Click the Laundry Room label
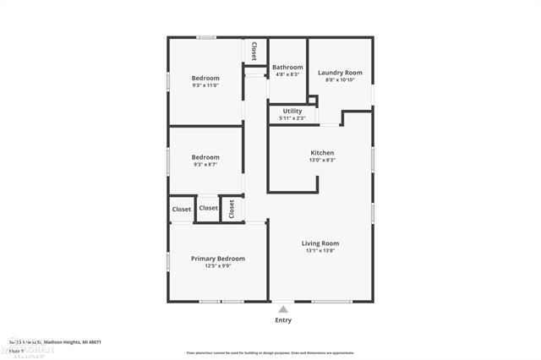pos(340,73)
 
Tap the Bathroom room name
pos(287,67)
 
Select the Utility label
pos(292,111)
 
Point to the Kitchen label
pos(322,153)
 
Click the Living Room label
pos(320,243)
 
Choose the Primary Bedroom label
pos(218,259)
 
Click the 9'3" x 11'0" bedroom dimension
pos(205,85)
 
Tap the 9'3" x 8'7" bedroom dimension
pos(205,165)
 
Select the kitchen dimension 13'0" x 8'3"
pos(322,161)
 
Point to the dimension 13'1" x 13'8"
pos(320,251)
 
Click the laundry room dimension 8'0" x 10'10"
pos(340,80)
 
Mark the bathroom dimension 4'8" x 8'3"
pos(287,74)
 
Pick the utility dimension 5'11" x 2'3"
pos(292,118)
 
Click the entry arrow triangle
pos(283,309)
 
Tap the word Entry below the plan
pos(283,320)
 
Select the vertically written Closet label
pos(253,51)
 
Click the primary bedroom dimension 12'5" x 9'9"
pos(218,266)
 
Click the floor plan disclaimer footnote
pos(270,352)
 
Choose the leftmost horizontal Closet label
pos(182,209)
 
